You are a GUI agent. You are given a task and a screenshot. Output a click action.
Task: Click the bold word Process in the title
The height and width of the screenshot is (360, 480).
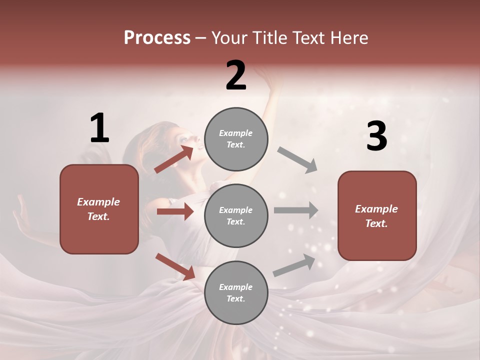pyautogui.click(x=157, y=37)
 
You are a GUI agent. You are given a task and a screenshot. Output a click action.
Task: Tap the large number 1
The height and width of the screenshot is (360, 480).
pyautogui.click(x=99, y=128)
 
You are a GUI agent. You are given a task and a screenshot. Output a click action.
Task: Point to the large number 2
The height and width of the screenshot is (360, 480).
pyautogui.click(x=236, y=75)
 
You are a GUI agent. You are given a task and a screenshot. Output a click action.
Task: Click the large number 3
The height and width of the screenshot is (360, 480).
pyautogui.click(x=376, y=136)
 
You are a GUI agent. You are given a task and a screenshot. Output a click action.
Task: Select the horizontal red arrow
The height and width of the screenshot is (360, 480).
pyautogui.click(x=175, y=212)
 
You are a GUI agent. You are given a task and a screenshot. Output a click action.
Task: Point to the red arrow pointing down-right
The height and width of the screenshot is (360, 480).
pyautogui.click(x=175, y=266)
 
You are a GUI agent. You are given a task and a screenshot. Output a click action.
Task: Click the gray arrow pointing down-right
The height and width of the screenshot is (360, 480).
pyautogui.click(x=297, y=159)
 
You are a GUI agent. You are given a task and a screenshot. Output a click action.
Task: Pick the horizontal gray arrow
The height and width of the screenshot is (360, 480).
pyautogui.click(x=296, y=210)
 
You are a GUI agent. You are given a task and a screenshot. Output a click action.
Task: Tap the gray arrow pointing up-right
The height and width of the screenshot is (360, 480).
pyautogui.click(x=294, y=265)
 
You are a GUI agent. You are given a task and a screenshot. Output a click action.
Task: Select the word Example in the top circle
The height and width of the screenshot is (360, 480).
pyautogui.click(x=235, y=133)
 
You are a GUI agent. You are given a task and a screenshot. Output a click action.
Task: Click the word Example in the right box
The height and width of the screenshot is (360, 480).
pyautogui.click(x=376, y=209)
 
